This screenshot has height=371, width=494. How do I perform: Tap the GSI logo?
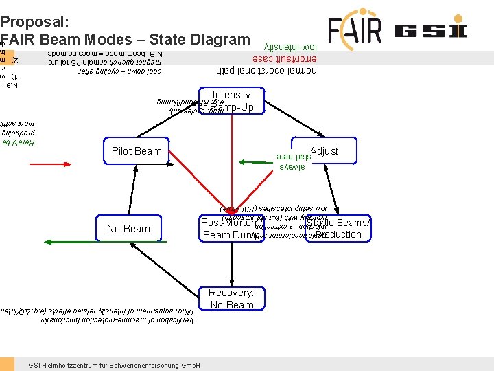click(x=430, y=31)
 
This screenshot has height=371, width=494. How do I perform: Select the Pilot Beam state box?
click(x=136, y=151)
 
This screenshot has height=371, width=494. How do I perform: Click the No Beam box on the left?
click(x=128, y=229)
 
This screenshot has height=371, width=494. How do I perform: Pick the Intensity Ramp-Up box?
click(x=231, y=101)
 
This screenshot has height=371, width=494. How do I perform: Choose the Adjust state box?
click(x=325, y=150)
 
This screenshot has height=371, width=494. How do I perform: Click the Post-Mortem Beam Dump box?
click(x=232, y=229)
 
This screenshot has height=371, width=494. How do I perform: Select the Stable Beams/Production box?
click(x=338, y=229)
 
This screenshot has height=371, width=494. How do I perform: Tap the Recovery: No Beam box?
click(x=231, y=299)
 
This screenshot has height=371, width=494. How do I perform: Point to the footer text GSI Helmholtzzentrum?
click(x=114, y=365)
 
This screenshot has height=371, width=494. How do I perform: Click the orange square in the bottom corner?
click(x=7, y=364)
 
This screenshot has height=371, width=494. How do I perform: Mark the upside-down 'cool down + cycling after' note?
click(x=119, y=71)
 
